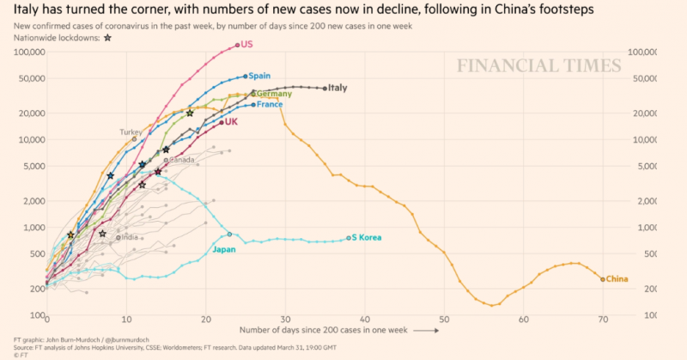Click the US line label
pyautogui.click(x=247, y=45)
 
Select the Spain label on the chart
pyautogui.click(x=259, y=76)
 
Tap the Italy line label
pyautogui.click(x=337, y=88)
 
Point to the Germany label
pyautogui.click(x=275, y=94)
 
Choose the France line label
pyautogui.click(x=270, y=105)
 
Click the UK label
pyautogui.click(x=231, y=122)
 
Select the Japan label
pyautogui.click(x=225, y=250)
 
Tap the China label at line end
pyautogui.click(x=617, y=279)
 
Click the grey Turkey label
pyautogui.click(x=131, y=132)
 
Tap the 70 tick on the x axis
pyautogui.click(x=602, y=319)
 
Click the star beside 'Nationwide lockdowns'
pyautogui.click(x=106, y=39)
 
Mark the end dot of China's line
pyautogui.click(x=602, y=278)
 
